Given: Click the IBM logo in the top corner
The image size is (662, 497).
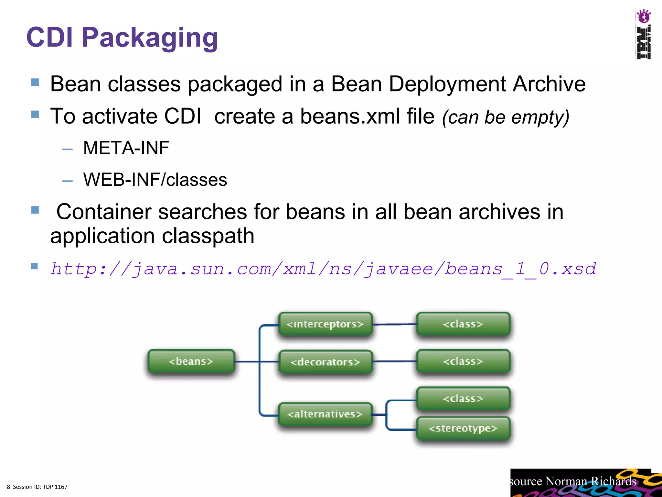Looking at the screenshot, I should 643,34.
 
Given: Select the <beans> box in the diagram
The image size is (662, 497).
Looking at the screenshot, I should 191,361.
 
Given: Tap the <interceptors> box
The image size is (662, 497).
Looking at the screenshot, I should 325,324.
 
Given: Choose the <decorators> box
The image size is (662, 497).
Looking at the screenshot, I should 325,362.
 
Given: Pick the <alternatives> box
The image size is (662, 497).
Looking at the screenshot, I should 325,414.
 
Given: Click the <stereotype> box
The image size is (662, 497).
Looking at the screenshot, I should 463,428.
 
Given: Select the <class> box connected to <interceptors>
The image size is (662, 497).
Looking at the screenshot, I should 463,324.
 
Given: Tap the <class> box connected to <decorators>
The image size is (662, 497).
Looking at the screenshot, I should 463,361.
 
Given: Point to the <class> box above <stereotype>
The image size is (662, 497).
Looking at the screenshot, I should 463,399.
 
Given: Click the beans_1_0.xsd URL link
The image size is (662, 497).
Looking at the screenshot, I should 323,269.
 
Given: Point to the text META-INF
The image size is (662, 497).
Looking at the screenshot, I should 126,148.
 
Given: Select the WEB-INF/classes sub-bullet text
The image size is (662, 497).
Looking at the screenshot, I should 155,180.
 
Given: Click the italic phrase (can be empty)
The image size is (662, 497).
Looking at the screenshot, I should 506,117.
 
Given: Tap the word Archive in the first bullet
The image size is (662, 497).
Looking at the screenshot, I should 549,84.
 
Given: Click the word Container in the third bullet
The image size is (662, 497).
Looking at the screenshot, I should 104,212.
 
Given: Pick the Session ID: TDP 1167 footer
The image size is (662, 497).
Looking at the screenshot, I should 40,487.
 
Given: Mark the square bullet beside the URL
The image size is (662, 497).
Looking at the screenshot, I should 35,266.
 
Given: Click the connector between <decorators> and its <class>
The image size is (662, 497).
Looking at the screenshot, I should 395,361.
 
